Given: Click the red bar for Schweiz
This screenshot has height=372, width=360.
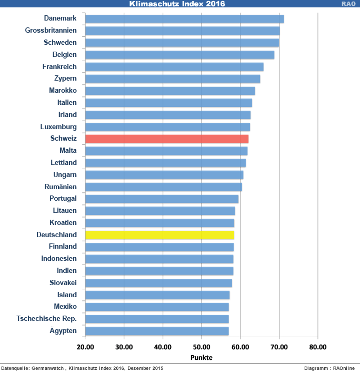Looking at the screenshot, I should pos(166,139).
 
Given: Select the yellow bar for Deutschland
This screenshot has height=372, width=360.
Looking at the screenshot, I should pos(159,235).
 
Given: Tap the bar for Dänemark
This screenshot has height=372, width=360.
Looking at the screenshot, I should pos(184,19).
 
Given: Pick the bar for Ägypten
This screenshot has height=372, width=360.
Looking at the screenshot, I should pos(157,331).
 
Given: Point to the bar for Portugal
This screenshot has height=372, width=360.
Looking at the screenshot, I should pos(162,199).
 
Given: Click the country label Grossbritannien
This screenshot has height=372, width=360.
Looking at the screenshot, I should pos(51,31).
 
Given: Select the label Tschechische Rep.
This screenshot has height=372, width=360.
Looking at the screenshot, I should pos(47,319).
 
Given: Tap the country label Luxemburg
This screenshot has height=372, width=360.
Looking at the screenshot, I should pos(58,127).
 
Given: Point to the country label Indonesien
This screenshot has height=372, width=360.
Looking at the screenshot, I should pos(59,259).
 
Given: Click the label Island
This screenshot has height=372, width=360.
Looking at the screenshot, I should pos(67,295).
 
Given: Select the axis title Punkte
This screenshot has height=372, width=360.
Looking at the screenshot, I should pos(201,357).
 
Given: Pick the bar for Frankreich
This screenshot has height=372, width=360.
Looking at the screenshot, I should pos(174,67).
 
